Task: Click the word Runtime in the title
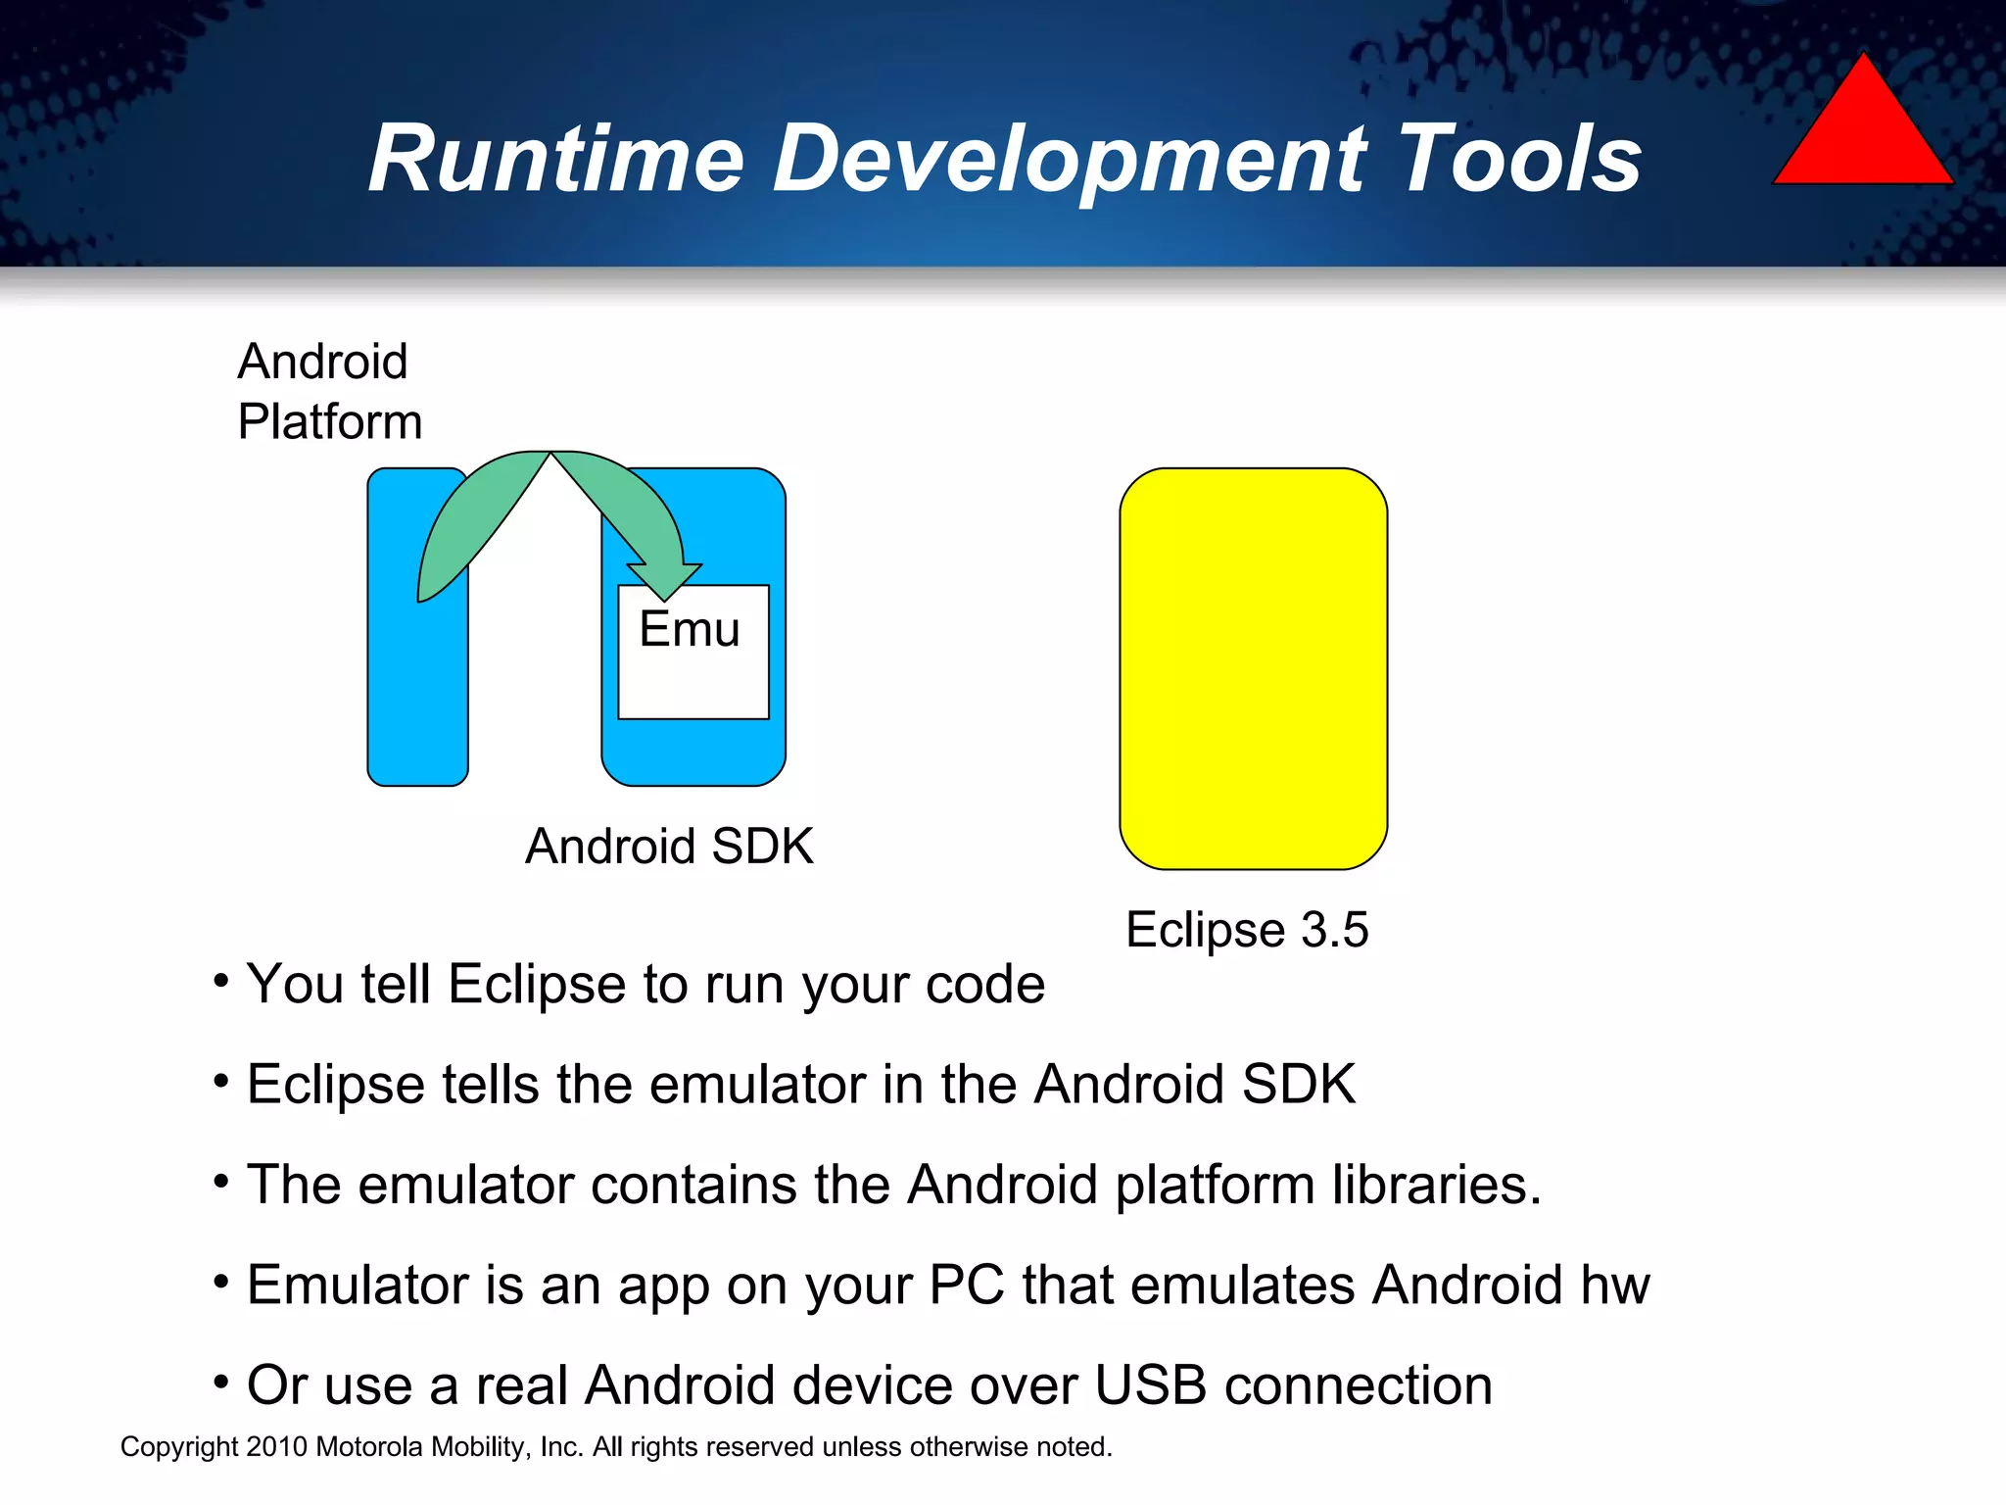click(555, 159)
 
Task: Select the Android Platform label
click(329, 392)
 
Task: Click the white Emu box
click(693, 666)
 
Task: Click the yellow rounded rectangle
click(1253, 668)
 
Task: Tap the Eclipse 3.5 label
click(1246, 929)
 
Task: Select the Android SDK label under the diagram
click(669, 846)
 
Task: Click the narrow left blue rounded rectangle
click(417, 686)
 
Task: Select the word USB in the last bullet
click(1150, 1385)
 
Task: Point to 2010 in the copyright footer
click(277, 1447)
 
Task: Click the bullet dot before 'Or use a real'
click(221, 1382)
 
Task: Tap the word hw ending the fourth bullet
click(1614, 1285)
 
